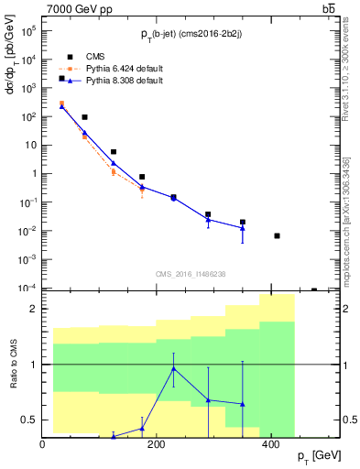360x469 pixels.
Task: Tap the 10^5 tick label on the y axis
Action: (29, 30)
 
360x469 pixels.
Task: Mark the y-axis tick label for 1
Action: (34, 173)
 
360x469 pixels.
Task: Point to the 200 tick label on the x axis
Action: (157, 444)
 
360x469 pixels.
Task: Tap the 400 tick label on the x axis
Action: (270, 444)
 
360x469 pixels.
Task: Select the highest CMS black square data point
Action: (62, 79)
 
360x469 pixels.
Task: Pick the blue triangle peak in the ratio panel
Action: (174, 368)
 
